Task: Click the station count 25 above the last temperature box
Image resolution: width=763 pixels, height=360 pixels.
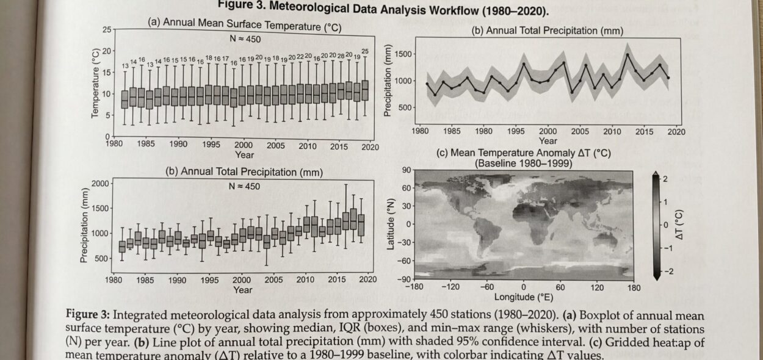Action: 366,51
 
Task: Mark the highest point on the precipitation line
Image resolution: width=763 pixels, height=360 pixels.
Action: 627,54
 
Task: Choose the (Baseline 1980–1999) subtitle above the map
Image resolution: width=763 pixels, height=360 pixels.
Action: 523,164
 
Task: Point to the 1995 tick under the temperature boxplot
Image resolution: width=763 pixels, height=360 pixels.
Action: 211,145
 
